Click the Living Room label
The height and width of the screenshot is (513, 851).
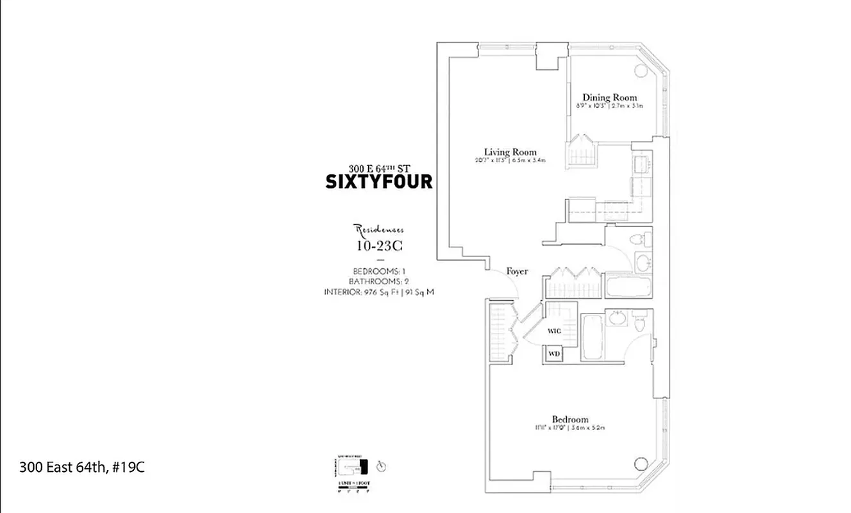tap(510, 152)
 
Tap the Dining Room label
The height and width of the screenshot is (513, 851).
tap(609, 97)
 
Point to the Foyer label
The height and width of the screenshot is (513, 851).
tap(517, 271)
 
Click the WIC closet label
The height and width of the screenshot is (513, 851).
tap(555, 332)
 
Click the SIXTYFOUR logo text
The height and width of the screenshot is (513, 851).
tap(379, 182)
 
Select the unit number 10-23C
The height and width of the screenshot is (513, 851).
tap(380, 245)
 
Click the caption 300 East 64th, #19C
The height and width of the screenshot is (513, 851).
tap(82, 467)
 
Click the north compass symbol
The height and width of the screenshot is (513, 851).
tap(382, 466)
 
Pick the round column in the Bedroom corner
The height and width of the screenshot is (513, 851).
tap(640, 463)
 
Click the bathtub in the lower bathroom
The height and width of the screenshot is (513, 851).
tap(592, 337)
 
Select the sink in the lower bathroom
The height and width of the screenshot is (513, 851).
tap(618, 319)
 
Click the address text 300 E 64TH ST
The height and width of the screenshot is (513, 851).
tap(379, 169)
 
